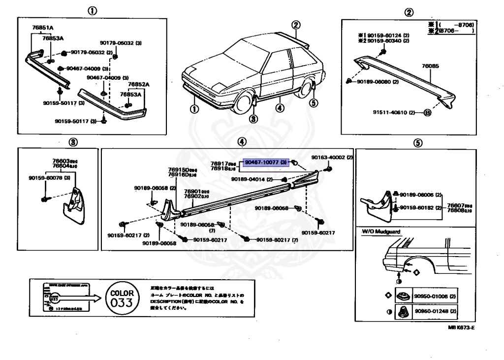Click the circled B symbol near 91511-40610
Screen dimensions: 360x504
[x=427, y=112]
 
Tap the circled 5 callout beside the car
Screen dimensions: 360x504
[x=314, y=103]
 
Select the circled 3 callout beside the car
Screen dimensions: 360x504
[x=253, y=118]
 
